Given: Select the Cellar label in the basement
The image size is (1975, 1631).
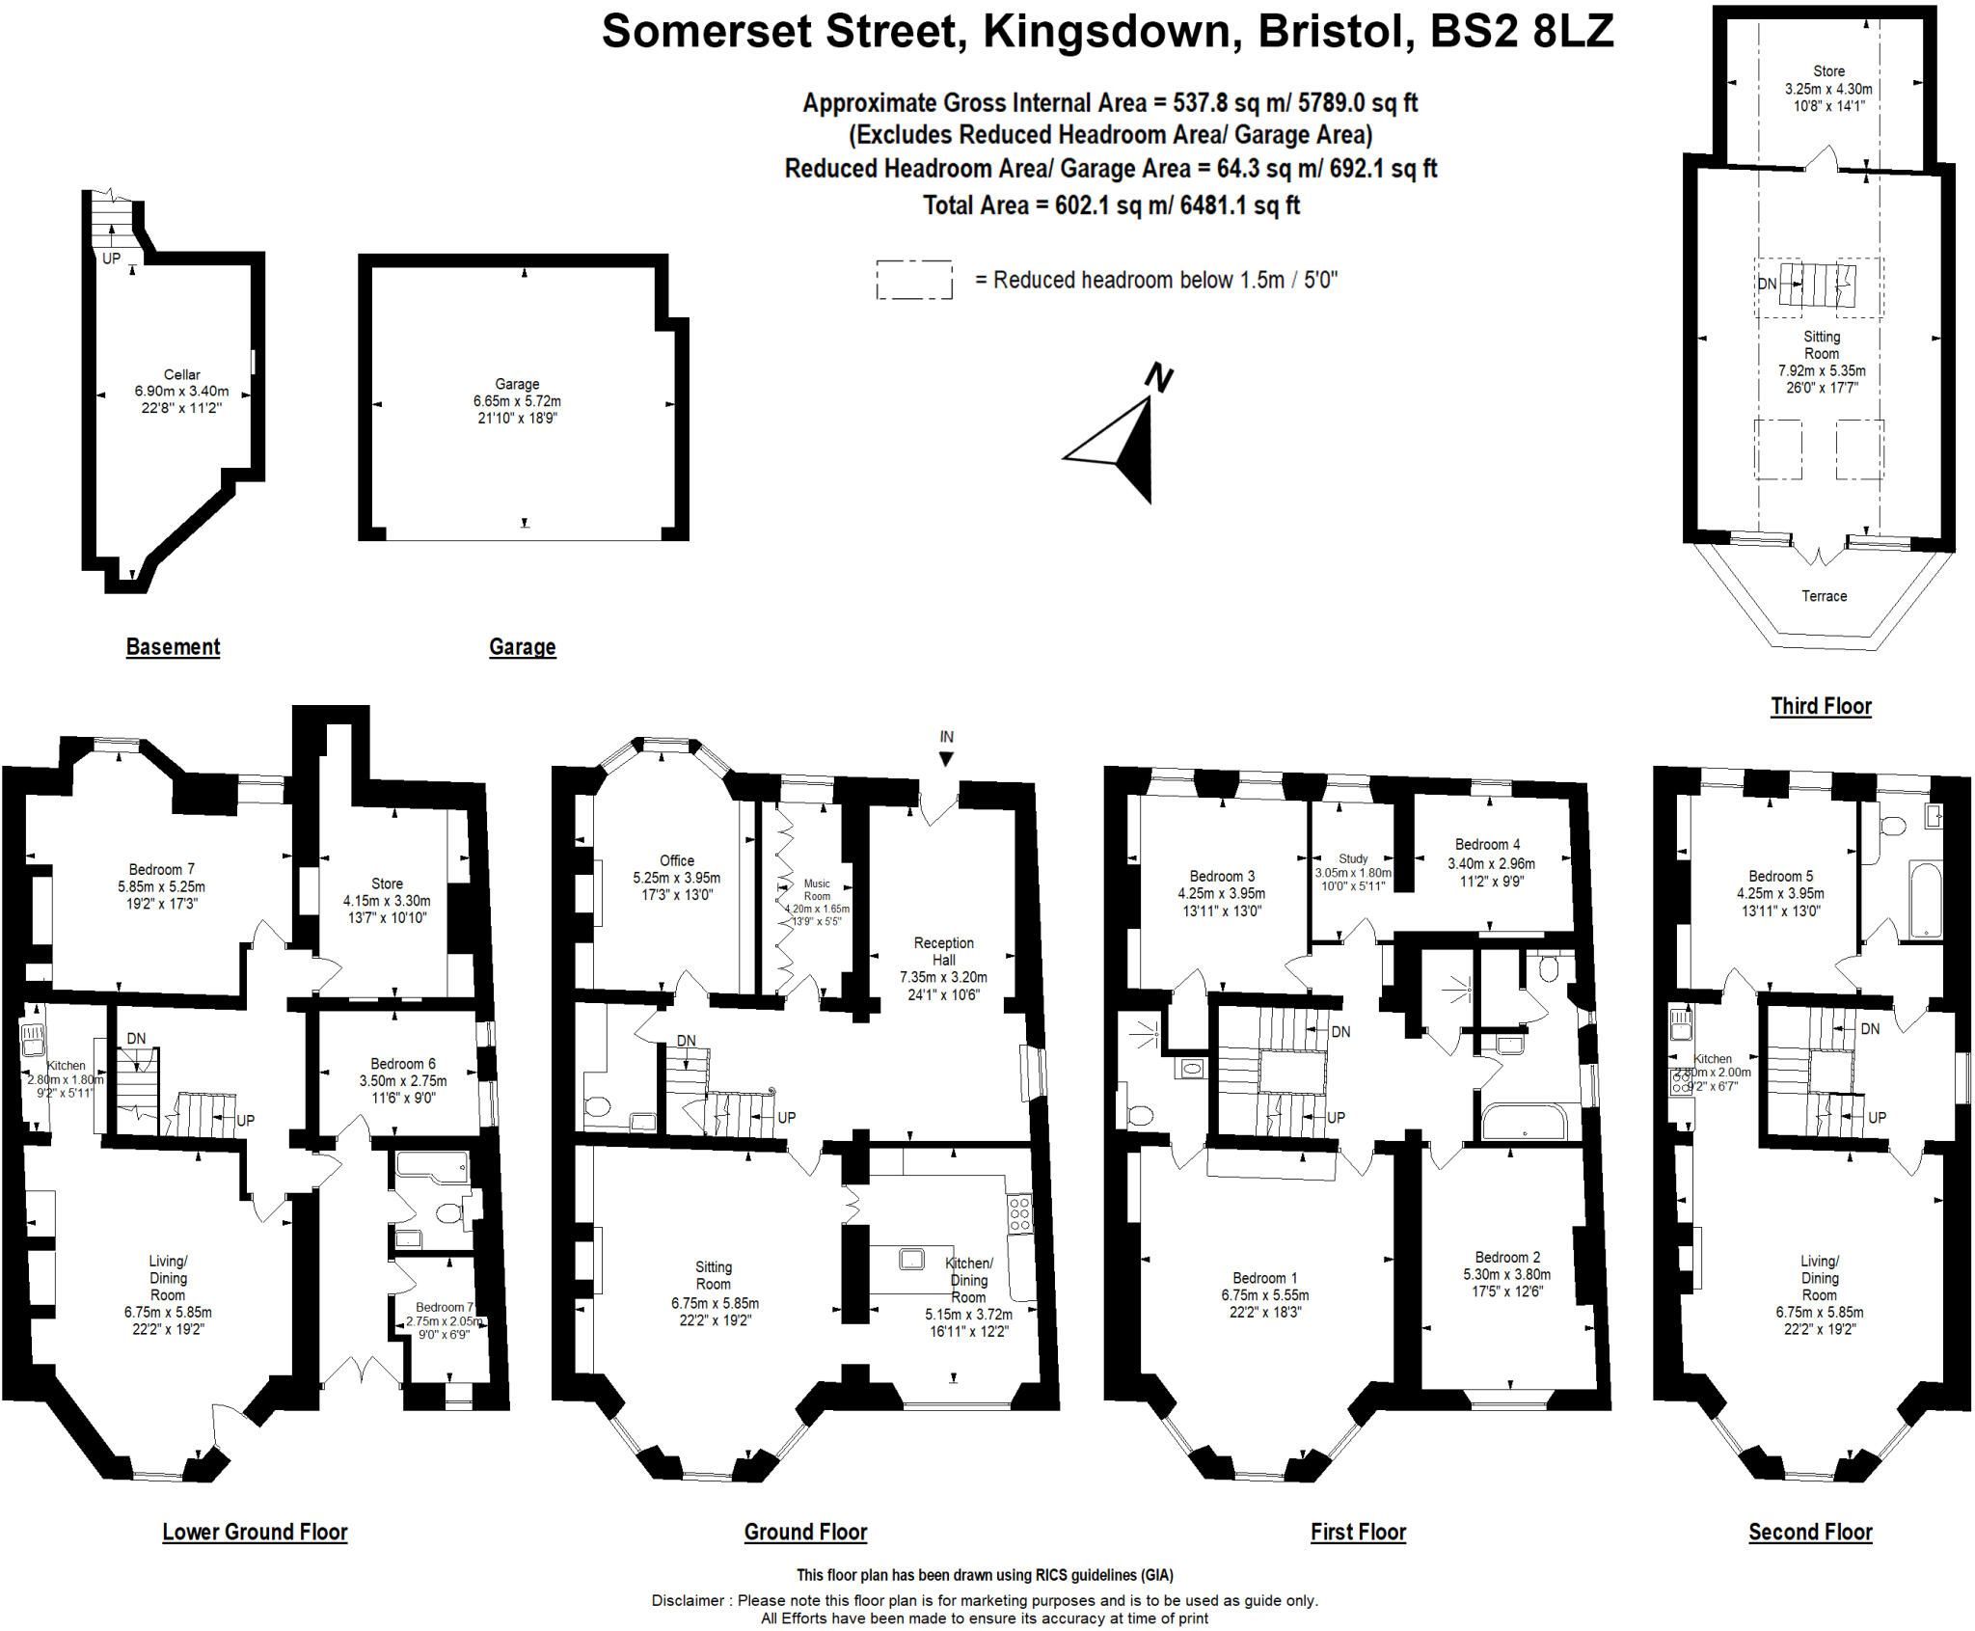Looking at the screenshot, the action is click(x=181, y=374).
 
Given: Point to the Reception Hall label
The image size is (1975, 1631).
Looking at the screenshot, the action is click(x=944, y=951).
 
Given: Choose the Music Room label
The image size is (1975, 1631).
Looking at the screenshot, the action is click(x=817, y=889).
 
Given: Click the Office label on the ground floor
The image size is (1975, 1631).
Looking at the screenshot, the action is click(x=677, y=860).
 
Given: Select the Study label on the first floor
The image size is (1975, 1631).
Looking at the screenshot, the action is click(x=1353, y=858).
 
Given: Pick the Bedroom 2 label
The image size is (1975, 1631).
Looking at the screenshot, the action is click(x=1507, y=1257).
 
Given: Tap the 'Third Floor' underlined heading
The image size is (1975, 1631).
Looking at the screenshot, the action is click(x=1821, y=706).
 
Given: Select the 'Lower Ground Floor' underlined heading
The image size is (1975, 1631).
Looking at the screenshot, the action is click(x=255, y=1532).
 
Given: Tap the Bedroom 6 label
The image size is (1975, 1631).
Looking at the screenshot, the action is click(x=397, y=1064).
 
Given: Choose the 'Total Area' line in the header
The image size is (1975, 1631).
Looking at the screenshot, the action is click(x=1111, y=205).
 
